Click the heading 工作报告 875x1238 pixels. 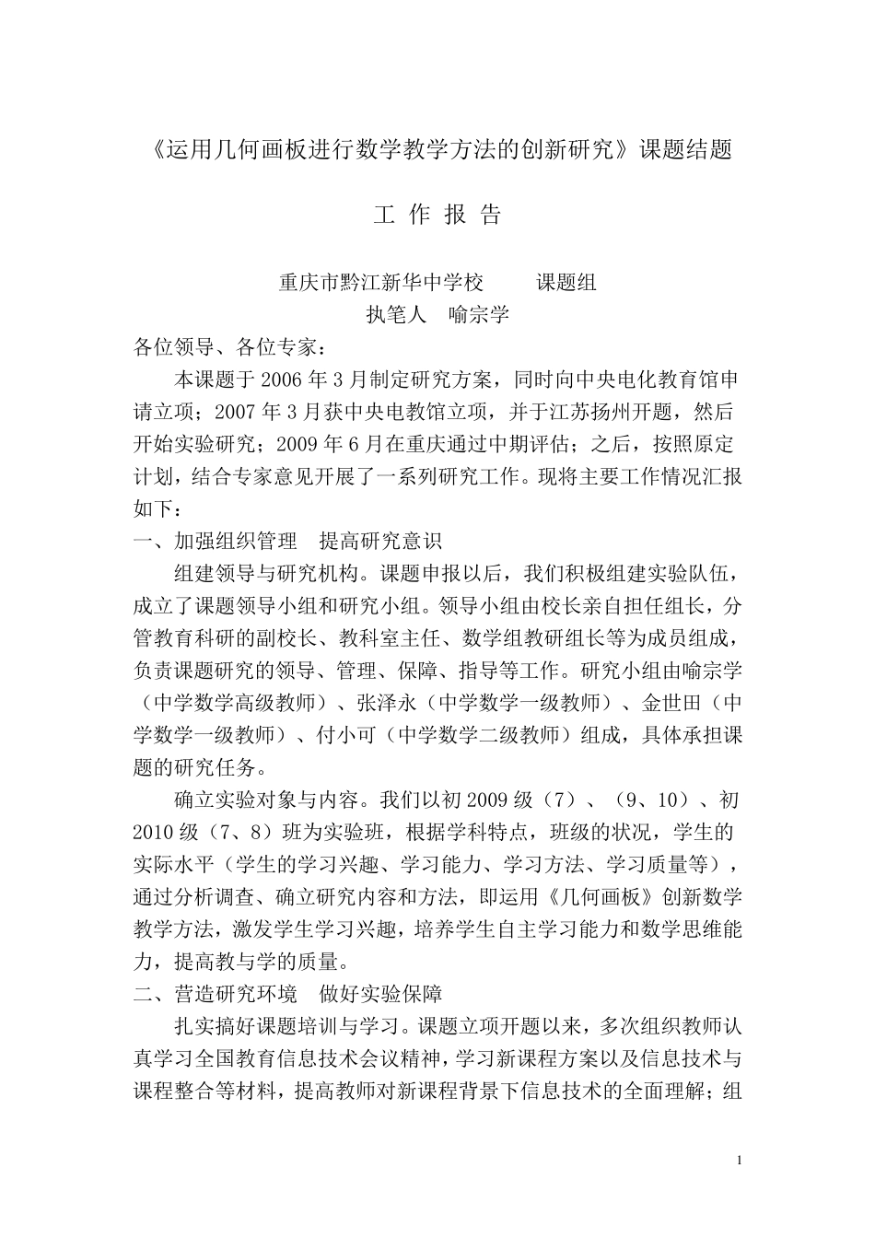437,216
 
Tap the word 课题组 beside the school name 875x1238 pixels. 566,282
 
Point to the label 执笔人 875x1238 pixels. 397,314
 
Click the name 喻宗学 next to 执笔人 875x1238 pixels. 479,314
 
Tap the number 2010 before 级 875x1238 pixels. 154,833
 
